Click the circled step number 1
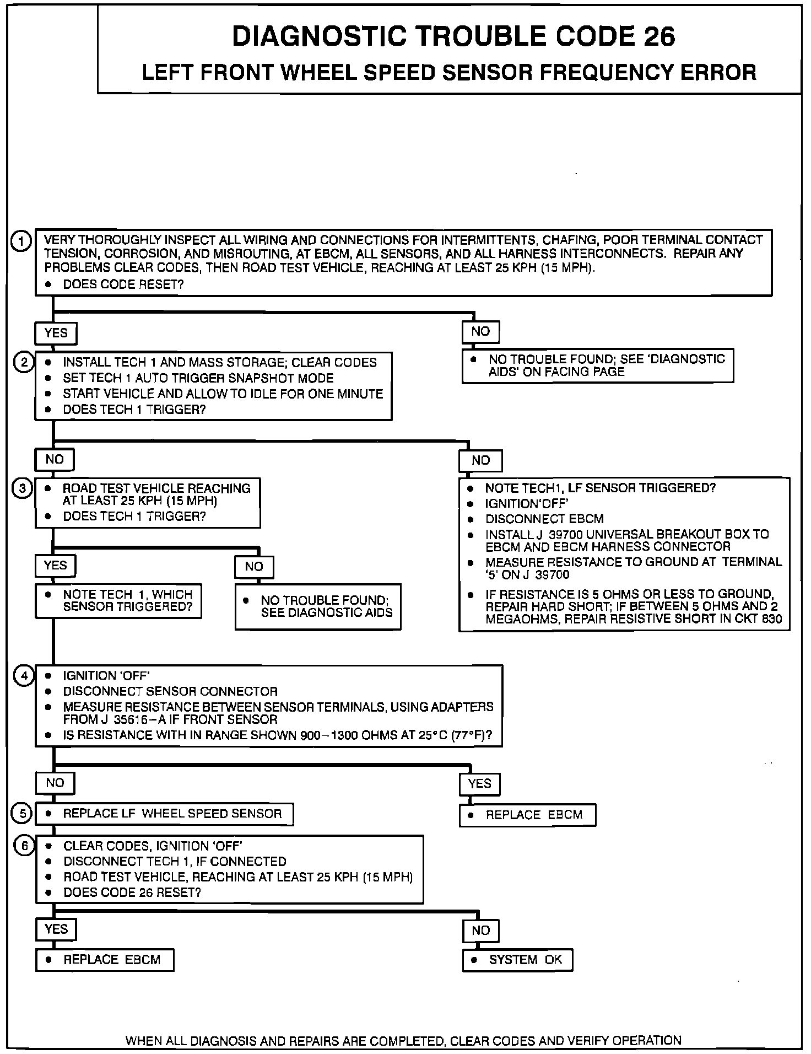coord(21,241)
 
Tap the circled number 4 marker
coord(24,676)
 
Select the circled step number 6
coord(24,846)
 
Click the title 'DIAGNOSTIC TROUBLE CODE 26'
coord(453,36)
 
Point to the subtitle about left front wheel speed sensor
coord(449,73)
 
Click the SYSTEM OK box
coord(517,960)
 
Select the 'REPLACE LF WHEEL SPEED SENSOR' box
coord(164,814)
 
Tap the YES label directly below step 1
coord(56,333)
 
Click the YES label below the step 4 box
coord(479,784)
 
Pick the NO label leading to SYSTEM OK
coord(480,931)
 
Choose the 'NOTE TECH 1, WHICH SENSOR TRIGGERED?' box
coord(118,601)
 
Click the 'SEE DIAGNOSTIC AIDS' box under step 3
coord(318,606)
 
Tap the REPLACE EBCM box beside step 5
coord(527,815)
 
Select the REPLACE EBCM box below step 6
coord(105,960)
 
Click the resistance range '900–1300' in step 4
coord(331,735)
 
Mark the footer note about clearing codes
coord(403,1041)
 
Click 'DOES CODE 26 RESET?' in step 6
coord(132,892)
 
